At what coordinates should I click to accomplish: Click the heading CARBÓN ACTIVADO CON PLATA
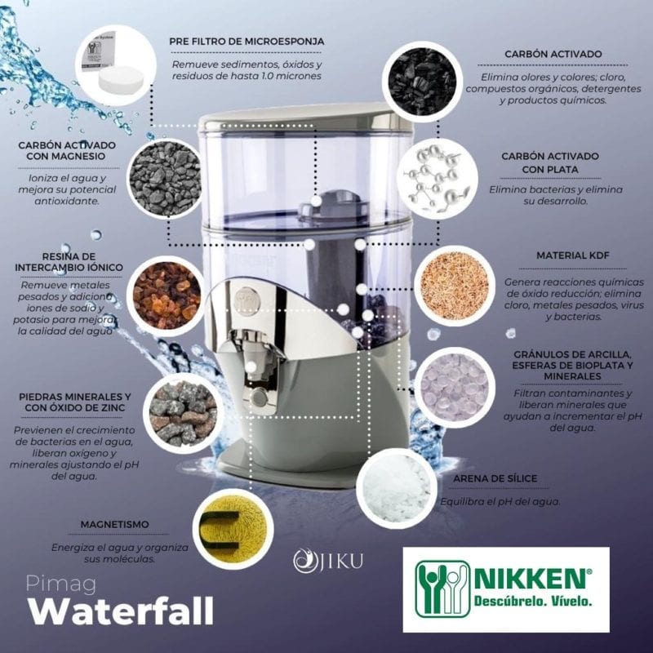[x=550, y=162]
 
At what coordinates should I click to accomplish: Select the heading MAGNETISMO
[x=114, y=525]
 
